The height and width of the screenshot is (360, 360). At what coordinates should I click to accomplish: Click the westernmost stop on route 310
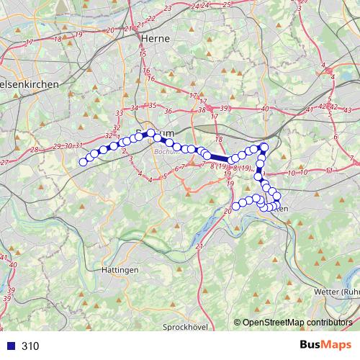point(83,162)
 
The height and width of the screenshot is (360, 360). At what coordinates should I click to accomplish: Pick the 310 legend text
point(30,346)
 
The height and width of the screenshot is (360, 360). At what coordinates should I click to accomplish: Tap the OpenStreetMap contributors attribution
point(297,322)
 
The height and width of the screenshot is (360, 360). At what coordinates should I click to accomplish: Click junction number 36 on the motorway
point(168,111)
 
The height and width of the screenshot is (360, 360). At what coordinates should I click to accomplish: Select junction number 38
point(201,110)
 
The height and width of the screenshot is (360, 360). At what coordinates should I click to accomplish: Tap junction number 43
point(347,109)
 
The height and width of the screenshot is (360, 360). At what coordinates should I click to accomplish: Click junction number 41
point(310,109)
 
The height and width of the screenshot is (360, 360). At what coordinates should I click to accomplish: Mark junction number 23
point(168,7)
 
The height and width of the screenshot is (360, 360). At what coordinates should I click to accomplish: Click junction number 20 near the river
point(228,211)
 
